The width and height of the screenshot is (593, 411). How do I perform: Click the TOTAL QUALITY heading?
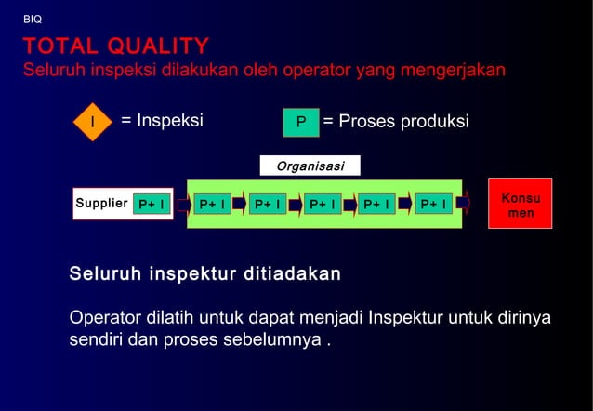116,46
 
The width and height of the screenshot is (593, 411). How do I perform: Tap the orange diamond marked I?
91,122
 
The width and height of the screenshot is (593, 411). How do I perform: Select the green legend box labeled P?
300,123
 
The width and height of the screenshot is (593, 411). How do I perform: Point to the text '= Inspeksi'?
163,121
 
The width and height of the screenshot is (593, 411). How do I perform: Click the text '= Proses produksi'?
396,122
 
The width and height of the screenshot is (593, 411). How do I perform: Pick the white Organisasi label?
310,166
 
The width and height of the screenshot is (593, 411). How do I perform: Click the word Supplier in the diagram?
100,203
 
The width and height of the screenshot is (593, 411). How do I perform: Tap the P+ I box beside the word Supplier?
151,204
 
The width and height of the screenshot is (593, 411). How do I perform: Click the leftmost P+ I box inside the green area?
212,204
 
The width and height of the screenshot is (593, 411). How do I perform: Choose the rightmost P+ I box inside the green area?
433,204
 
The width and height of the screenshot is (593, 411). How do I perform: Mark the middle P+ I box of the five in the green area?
323,204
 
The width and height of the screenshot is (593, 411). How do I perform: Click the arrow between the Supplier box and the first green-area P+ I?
178,204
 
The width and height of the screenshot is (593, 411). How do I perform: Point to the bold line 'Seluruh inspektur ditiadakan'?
204,275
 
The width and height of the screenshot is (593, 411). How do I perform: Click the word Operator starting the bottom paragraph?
105,318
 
